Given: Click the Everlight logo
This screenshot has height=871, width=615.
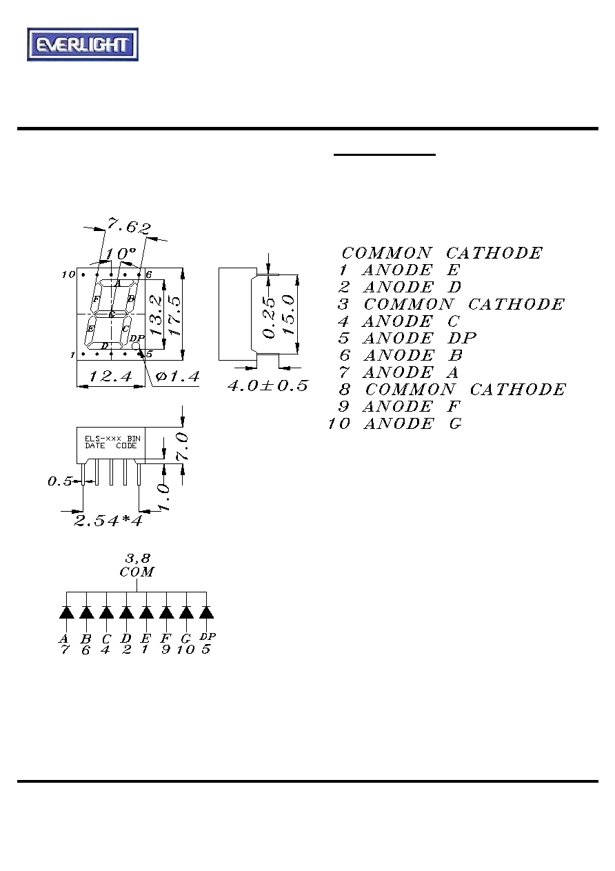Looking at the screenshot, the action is pos(83,44).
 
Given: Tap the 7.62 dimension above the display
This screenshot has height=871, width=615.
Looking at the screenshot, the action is pos(129,226).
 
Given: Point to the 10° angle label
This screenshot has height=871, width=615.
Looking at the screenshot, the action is pos(121,254).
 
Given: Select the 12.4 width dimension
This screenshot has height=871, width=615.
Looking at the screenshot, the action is pos(111,376).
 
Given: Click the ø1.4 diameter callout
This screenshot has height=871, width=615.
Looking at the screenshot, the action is pos(178,376).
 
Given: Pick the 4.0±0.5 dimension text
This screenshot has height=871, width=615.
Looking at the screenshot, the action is pos(268,386).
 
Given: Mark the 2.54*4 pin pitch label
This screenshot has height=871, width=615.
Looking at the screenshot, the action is pos(108,521).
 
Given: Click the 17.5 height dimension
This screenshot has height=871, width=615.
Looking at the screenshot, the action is pos(175,316).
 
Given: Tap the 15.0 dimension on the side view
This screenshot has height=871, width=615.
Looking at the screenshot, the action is pos(289,314).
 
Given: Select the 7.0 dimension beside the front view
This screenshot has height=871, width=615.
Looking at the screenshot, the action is pos(182,448).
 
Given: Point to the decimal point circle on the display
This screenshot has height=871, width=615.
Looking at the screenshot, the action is pos(136,346).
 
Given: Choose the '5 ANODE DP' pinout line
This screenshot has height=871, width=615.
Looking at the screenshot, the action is pos(407,338).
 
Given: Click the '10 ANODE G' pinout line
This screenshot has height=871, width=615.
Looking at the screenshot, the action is pos(395,423).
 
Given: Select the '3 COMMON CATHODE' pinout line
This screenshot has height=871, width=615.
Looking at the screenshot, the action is pos(451,304).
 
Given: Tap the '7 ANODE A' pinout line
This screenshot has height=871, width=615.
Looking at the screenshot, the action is pos(399,372).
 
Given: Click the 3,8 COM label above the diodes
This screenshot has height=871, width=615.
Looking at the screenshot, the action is pos(137,565).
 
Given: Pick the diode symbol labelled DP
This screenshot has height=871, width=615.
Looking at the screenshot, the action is pos(206,612).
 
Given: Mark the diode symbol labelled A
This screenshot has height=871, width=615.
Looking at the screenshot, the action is pos(66,612).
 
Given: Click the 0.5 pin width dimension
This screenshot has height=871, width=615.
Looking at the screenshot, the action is pos(59,481).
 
